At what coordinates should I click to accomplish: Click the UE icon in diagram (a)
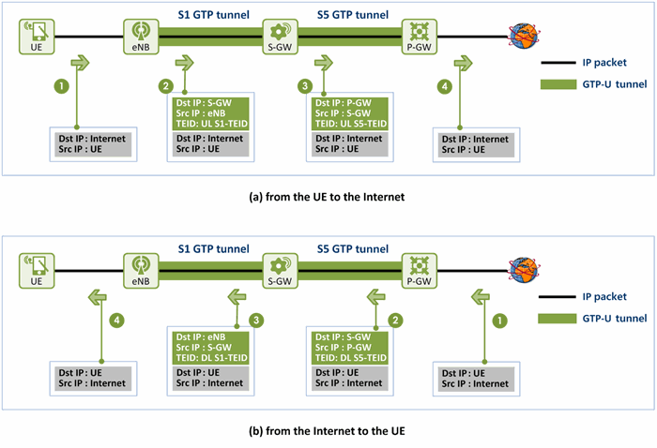[37, 37]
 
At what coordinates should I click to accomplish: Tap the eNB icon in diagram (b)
[141, 271]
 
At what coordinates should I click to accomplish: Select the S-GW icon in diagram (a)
[280, 37]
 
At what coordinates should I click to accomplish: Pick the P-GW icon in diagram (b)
[419, 271]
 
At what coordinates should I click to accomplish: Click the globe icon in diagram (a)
[524, 36]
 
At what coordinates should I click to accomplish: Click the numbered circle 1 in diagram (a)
[62, 86]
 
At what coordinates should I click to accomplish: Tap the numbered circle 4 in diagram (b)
[117, 321]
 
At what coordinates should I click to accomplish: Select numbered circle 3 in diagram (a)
[305, 86]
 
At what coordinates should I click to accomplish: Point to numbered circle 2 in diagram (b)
[395, 321]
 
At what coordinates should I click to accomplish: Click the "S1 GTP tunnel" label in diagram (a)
[214, 15]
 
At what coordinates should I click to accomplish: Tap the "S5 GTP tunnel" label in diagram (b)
[353, 249]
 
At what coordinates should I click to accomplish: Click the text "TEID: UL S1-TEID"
[211, 124]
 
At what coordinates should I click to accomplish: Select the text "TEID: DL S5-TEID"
[351, 358]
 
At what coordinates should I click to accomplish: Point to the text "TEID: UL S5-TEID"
[351, 124]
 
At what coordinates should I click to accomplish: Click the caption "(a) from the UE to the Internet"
[327, 197]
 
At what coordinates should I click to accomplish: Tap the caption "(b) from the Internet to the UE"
[327, 431]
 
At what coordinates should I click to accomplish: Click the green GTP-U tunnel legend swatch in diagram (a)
[558, 84]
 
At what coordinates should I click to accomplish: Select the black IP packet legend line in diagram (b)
[558, 296]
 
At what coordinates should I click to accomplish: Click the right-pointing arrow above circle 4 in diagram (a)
[463, 63]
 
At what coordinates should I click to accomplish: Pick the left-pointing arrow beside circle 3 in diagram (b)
[237, 297]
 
